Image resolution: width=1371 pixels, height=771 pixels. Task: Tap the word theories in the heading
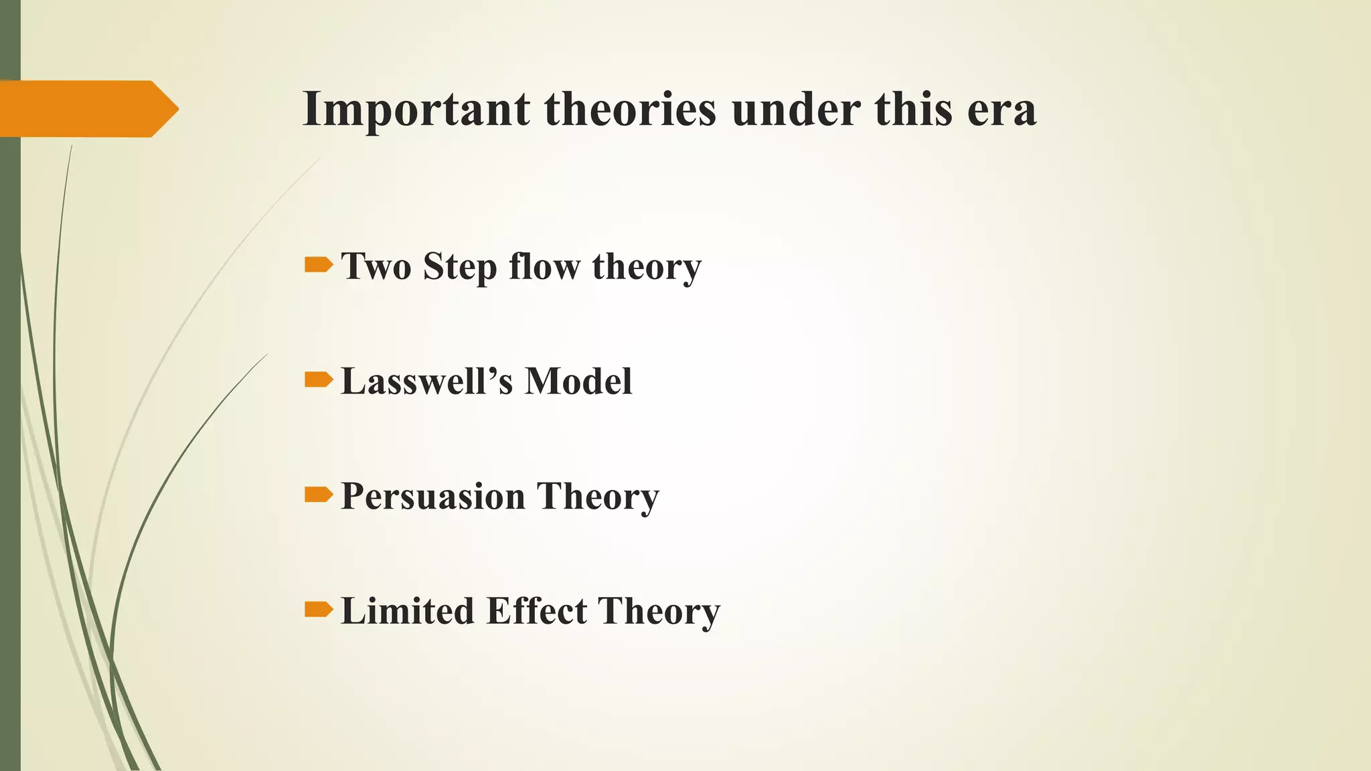pos(630,109)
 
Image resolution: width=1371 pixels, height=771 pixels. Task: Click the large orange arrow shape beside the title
pos(87,108)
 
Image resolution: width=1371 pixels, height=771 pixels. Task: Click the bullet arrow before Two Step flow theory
pos(318,266)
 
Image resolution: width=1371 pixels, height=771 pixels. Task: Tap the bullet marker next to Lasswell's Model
pos(318,381)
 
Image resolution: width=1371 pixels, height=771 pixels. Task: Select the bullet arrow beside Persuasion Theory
pos(318,495)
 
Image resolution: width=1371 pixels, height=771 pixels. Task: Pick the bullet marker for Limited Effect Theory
pos(318,610)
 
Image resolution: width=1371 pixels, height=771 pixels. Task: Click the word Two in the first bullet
pos(376,266)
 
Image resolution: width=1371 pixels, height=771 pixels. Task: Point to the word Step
pos(460,268)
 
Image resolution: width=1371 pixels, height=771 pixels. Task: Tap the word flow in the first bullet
pos(544,266)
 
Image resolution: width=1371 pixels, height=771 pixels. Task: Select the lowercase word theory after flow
pos(647,268)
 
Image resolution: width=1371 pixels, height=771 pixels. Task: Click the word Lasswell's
pos(427,381)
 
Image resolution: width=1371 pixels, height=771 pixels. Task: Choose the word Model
pos(578,381)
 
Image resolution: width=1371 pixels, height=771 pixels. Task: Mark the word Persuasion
pos(433,497)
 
